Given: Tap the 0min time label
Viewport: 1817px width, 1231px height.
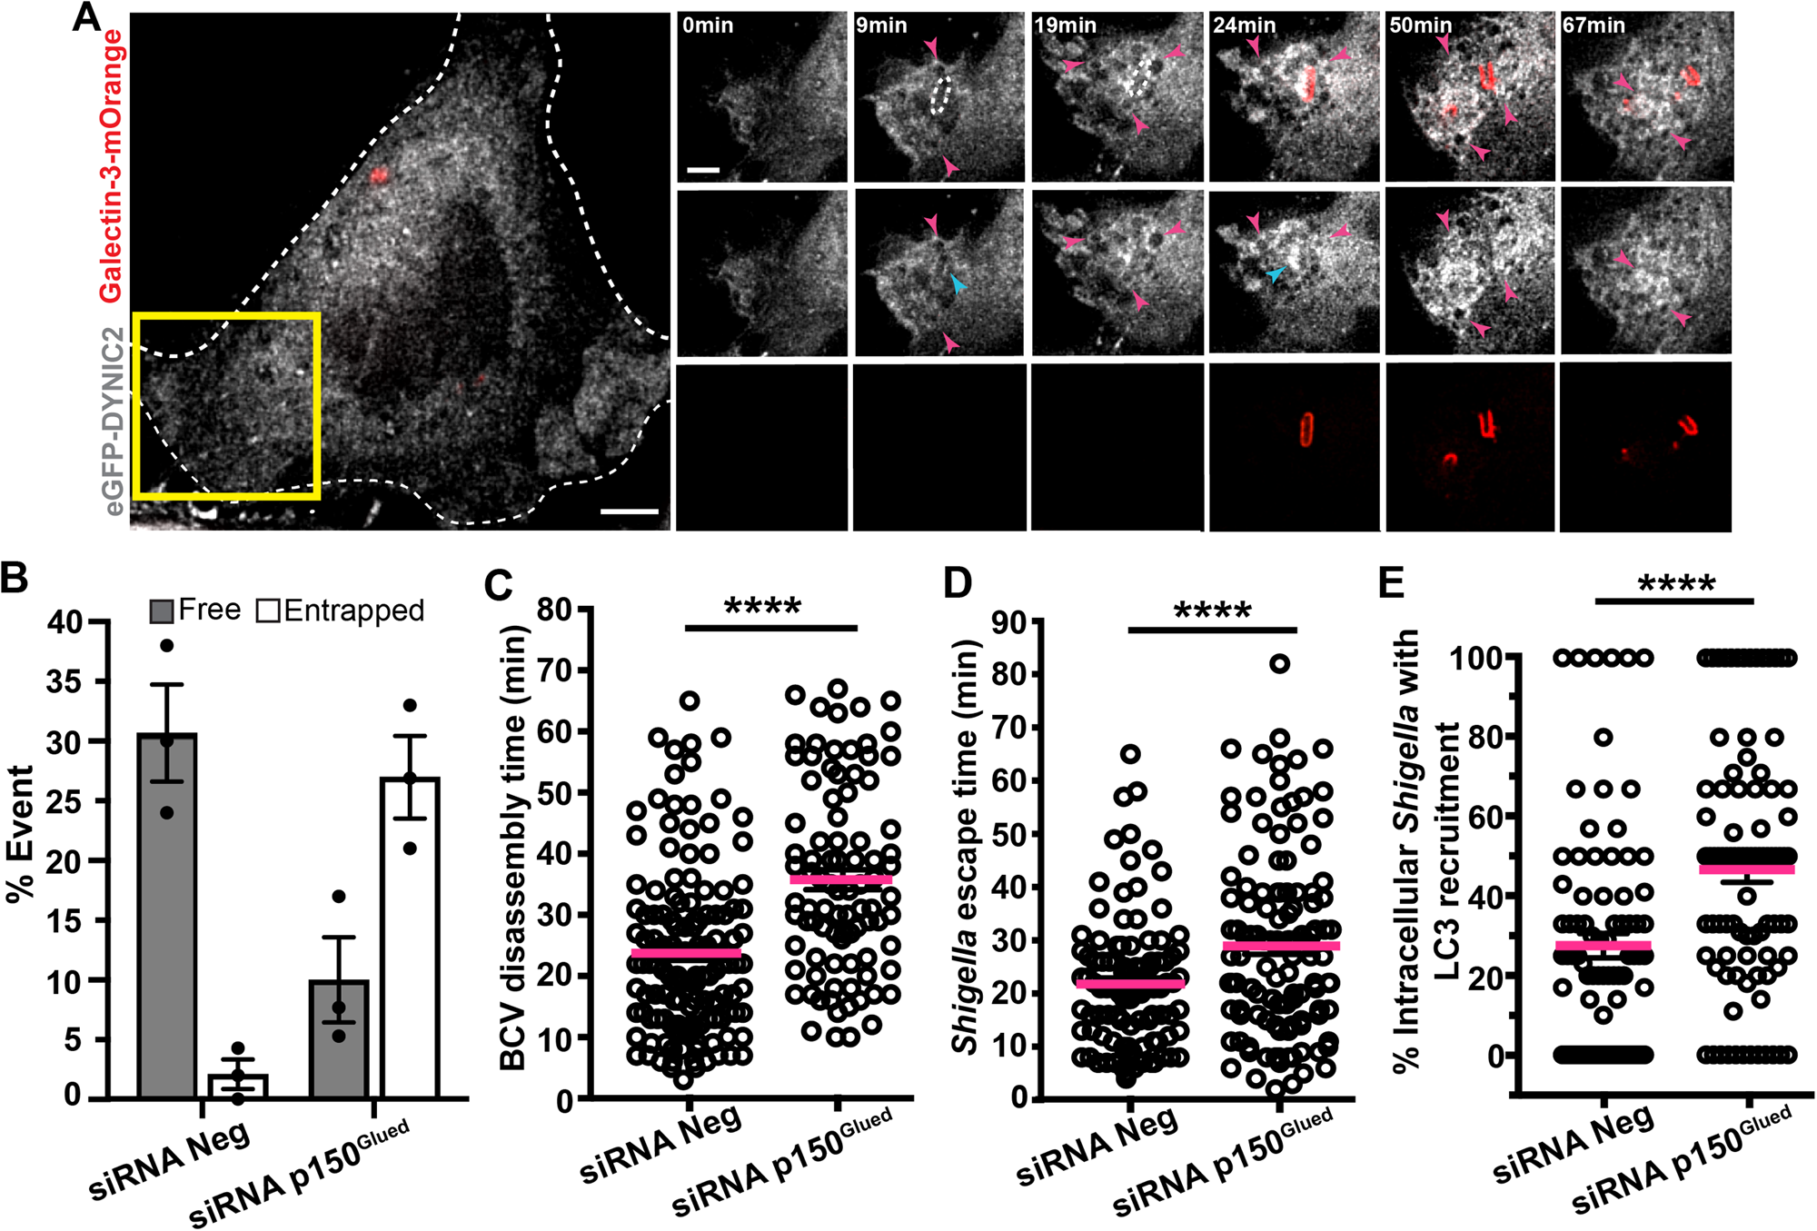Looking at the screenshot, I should [x=708, y=25].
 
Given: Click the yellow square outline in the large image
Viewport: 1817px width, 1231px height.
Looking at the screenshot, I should [x=226, y=315].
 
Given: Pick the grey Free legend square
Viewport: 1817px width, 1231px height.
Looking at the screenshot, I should [x=162, y=611].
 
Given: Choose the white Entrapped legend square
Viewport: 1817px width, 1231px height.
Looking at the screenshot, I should [x=268, y=611].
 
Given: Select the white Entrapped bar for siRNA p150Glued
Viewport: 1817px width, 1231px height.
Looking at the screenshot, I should [x=410, y=937].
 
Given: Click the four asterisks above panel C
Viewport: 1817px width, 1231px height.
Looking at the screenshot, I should [x=763, y=607].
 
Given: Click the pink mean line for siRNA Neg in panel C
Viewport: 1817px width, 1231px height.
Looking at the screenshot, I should [x=687, y=953].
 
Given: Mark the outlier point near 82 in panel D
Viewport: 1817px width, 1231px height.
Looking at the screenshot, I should [x=1280, y=664].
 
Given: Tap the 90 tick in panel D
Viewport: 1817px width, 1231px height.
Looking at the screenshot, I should [x=1008, y=622].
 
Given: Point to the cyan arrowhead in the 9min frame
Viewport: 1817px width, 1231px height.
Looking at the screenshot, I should [x=958, y=284].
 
